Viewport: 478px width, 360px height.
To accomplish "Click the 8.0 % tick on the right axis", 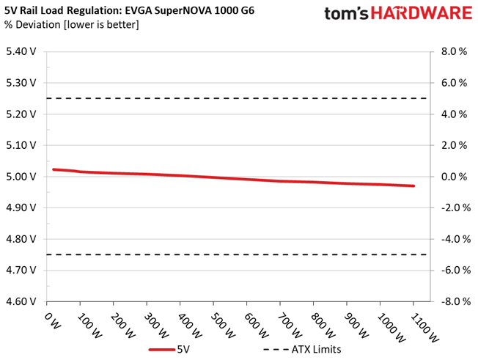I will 452,52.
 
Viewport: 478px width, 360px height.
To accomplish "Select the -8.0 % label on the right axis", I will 451,301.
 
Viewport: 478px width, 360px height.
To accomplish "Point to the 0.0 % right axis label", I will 452,177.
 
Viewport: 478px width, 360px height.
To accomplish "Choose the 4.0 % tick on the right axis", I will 452,114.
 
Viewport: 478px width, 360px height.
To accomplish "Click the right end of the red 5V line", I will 413,186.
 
